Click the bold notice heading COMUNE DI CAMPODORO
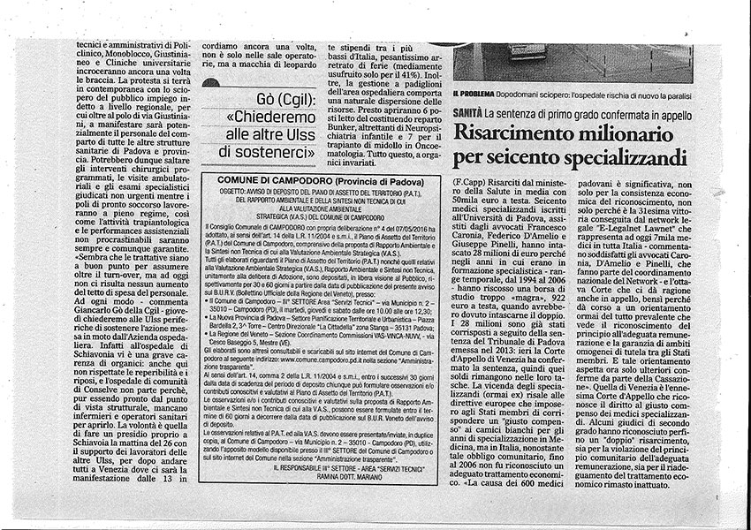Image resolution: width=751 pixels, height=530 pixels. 259,178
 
